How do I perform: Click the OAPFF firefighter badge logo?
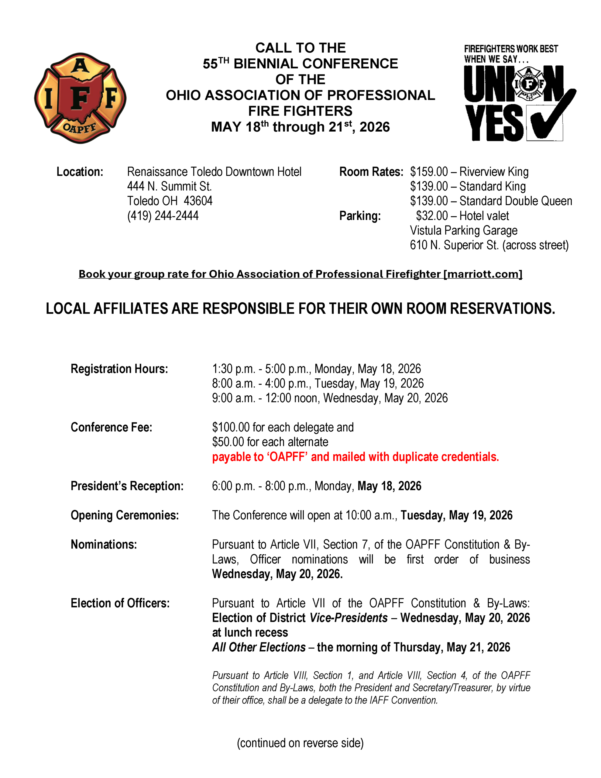(80, 98)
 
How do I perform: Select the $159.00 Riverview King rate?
(469, 172)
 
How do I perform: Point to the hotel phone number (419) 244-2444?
(163, 215)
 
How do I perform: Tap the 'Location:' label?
(80, 172)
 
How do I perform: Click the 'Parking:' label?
(360, 216)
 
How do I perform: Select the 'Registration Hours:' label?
(119, 369)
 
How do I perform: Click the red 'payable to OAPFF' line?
(355, 457)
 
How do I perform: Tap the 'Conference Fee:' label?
(112, 427)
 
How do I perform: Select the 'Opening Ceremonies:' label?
(125, 515)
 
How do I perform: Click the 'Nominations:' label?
(104, 544)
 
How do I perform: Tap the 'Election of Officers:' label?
(120, 603)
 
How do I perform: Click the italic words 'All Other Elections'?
(259, 647)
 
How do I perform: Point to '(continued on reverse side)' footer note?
(300, 743)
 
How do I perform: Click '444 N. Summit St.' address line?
(170, 186)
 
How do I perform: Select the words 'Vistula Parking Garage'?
(463, 230)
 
